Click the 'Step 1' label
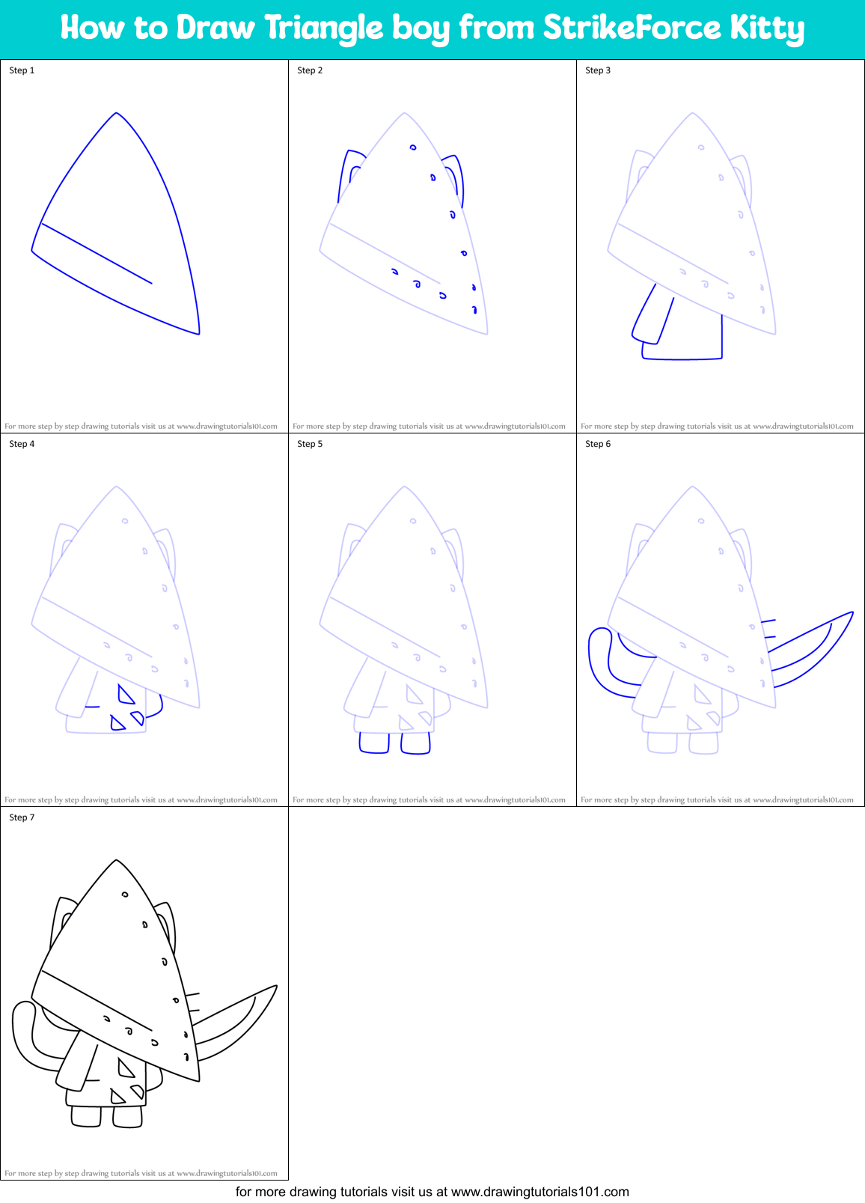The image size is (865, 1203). click(22, 70)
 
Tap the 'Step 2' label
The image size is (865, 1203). click(310, 70)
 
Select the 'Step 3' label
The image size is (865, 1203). click(598, 70)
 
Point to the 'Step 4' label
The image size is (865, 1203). click(22, 444)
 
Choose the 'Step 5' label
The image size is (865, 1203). click(310, 444)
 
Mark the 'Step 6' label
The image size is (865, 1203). click(598, 444)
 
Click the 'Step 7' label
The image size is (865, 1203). click(22, 817)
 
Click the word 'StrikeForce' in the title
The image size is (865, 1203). click(632, 28)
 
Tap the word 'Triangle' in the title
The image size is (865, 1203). click(323, 28)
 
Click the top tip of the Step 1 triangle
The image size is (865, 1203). click(116, 114)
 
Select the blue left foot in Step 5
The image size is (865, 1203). click(374, 743)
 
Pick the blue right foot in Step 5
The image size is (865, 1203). click(415, 743)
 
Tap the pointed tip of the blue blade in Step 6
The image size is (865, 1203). click(852, 613)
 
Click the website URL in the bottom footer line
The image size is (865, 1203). click(540, 1192)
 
